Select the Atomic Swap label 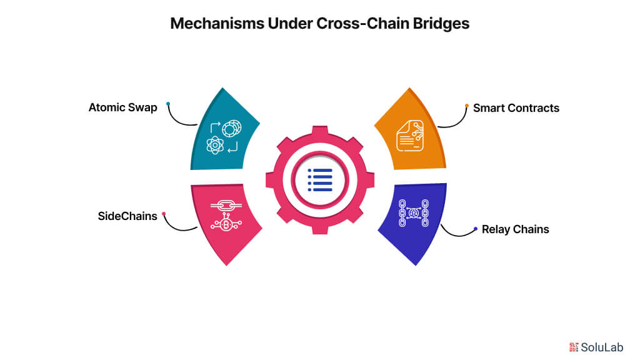click(122, 107)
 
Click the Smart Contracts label click(516, 107)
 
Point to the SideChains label click(127, 216)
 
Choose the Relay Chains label click(515, 229)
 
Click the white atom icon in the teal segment click(214, 146)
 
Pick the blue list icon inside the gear click(319, 180)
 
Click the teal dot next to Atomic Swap click(167, 104)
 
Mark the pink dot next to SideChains click(164, 214)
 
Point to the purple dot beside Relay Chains click(476, 228)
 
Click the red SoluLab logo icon click(574, 346)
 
